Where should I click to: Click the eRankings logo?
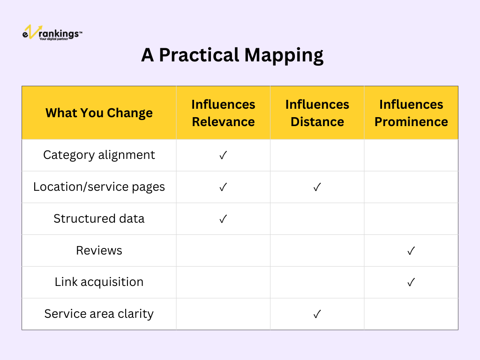[52, 32]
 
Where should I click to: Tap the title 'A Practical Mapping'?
[232, 55]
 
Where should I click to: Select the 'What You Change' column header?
[99, 113]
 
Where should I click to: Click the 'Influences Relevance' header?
[223, 113]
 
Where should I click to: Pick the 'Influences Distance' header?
[317, 113]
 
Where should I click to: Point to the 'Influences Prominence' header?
[411, 113]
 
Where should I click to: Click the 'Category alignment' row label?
[99, 155]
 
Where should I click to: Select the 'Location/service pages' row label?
[99, 187]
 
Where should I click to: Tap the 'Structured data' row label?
[99, 218]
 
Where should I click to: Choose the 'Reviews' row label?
[99, 250]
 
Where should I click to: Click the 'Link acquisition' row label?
[99, 282]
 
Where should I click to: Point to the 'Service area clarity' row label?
[99, 314]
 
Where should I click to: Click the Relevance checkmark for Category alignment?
[223, 155]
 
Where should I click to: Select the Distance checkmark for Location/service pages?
[317, 187]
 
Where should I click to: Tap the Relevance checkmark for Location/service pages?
[223, 187]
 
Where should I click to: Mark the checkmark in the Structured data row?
[223, 219]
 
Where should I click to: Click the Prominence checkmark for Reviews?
[411, 251]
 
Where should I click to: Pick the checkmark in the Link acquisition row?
[411, 282]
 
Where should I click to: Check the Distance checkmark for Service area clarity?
[317, 314]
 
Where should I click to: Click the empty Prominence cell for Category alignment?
[411, 155]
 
